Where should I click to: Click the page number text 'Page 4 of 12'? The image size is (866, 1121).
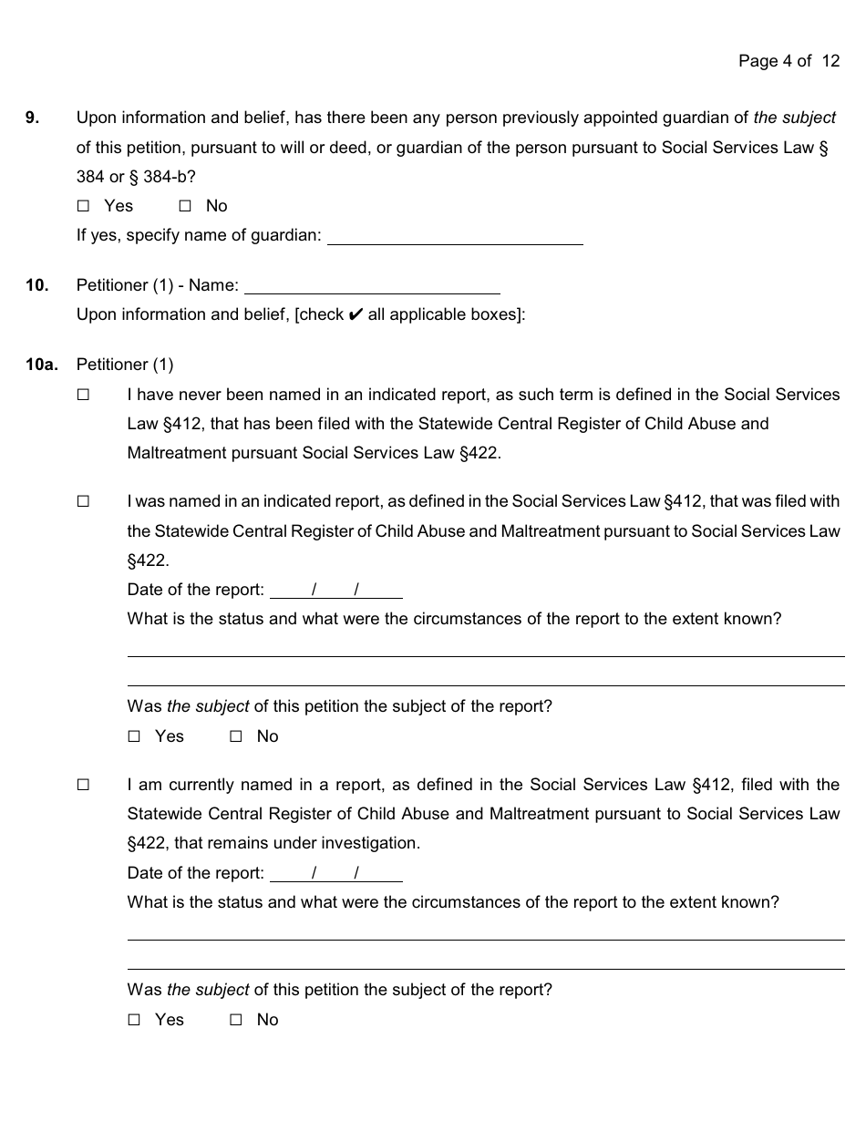[789, 61]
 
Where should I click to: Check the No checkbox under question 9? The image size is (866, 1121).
[185, 206]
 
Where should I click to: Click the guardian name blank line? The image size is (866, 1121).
[455, 236]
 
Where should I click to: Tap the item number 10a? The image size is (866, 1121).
[41, 365]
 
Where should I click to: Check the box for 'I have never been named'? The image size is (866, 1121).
[84, 395]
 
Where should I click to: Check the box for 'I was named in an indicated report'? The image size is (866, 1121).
[84, 501]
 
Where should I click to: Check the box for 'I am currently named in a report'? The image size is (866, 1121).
[84, 785]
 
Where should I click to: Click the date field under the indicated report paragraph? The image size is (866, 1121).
[336, 590]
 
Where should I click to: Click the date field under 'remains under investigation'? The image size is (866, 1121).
[336, 873]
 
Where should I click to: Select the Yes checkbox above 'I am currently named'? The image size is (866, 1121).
[135, 736]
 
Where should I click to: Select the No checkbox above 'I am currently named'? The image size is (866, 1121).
[236, 736]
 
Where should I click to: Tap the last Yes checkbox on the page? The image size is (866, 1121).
[135, 1020]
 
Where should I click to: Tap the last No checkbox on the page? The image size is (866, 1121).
[236, 1020]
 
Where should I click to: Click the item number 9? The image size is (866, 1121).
[32, 118]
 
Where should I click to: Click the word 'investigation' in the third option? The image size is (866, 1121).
[372, 843]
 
